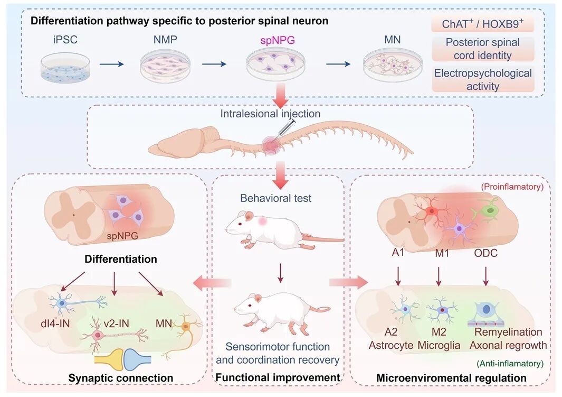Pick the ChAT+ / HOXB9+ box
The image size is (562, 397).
[x=481, y=25]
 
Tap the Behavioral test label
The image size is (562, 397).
[x=275, y=199]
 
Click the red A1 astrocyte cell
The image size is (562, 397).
[x=432, y=211]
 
